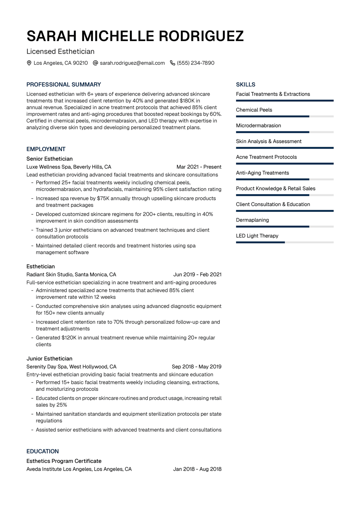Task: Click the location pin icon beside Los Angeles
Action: (x=29, y=63)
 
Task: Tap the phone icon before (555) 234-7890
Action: (x=172, y=63)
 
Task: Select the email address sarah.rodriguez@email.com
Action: (x=132, y=63)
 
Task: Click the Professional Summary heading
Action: (x=64, y=85)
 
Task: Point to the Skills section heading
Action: (x=245, y=85)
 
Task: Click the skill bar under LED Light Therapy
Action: (x=284, y=242)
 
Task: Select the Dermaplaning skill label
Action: (x=252, y=220)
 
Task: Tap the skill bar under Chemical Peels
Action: (x=284, y=116)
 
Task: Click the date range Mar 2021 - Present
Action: (x=199, y=167)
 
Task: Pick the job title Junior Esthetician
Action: (x=49, y=358)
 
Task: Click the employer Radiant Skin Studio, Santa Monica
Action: (x=71, y=274)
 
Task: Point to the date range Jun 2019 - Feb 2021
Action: (x=197, y=274)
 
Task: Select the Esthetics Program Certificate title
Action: (x=64, y=461)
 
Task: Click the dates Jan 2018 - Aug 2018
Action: (x=197, y=469)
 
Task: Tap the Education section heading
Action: (x=43, y=451)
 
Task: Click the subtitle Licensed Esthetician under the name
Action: (x=60, y=52)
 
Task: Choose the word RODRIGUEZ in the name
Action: (x=201, y=36)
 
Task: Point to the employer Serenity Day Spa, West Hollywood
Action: (x=71, y=367)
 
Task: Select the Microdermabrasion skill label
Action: (x=258, y=125)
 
